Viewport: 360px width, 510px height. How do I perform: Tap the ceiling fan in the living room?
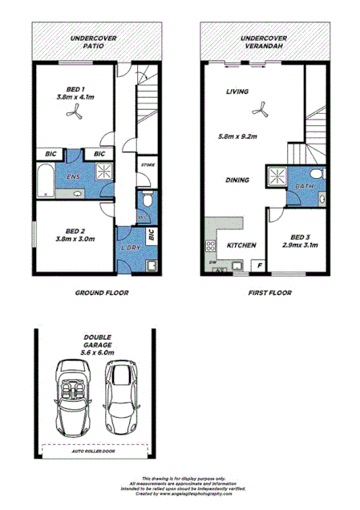tap(258, 111)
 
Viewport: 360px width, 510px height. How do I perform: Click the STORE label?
tap(148, 165)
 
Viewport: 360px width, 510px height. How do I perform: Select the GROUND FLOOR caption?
tap(102, 293)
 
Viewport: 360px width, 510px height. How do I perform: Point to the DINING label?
tap(237, 180)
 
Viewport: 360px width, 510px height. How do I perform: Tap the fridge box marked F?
tap(259, 265)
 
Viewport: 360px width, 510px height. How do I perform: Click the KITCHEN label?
tap(241, 245)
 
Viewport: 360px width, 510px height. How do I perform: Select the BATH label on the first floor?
tap(305, 186)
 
